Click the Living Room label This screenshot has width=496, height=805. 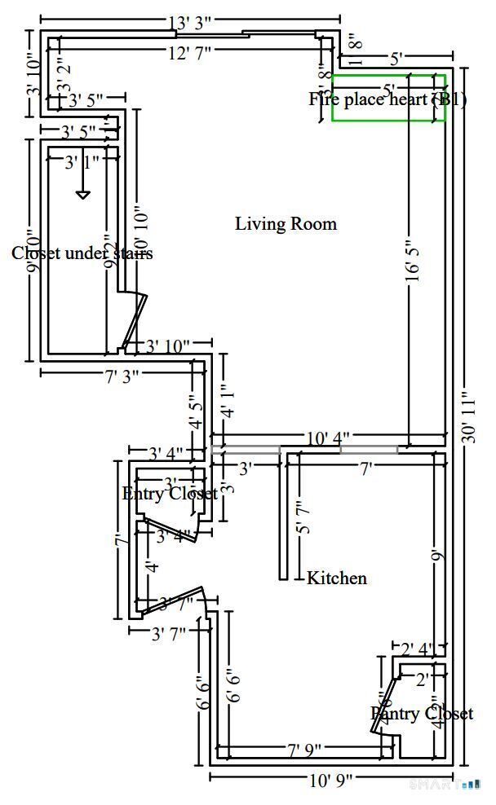pyautogui.click(x=286, y=223)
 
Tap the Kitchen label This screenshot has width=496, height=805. pyautogui.click(x=336, y=578)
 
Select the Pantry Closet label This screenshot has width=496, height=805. pyautogui.click(x=421, y=714)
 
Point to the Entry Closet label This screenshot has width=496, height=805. pyautogui.click(x=170, y=494)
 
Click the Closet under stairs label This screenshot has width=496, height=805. pyautogui.click(x=82, y=253)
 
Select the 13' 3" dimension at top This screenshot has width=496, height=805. pyautogui.click(x=190, y=23)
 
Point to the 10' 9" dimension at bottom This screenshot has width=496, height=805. pyautogui.click(x=330, y=781)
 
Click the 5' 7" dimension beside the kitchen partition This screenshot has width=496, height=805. pyautogui.click(x=303, y=518)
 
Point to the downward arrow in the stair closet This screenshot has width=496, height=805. pyautogui.click(x=82, y=193)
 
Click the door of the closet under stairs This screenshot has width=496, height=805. pyautogui.click(x=134, y=320)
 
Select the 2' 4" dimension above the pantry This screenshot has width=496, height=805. pyautogui.click(x=418, y=649)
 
